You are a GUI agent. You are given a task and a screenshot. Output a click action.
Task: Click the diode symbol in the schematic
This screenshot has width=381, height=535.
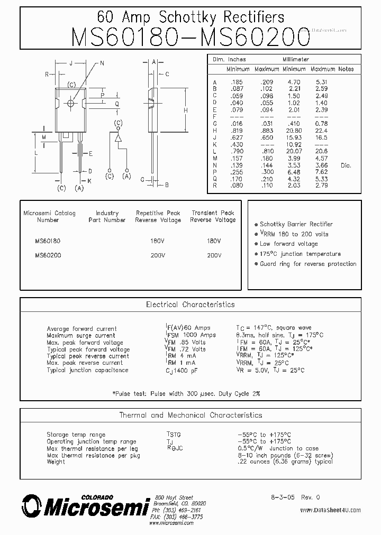pyautogui.click(x=118, y=139)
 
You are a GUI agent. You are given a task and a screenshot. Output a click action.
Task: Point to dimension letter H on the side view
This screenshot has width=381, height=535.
pyautogui.click(x=186, y=110)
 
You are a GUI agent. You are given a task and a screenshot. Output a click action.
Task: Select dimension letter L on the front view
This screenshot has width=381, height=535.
pyautogui.click(x=35, y=152)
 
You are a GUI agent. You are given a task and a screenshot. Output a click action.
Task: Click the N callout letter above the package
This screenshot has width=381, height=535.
pyautogui.click(x=102, y=63)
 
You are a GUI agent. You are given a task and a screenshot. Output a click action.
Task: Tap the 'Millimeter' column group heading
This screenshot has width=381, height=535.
pyautogui.click(x=295, y=60)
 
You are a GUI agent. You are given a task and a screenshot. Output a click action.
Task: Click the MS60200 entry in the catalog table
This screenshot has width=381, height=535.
pyautogui.click(x=48, y=255)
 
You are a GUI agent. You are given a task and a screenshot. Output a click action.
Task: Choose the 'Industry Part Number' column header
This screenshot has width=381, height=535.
pyautogui.click(x=107, y=216)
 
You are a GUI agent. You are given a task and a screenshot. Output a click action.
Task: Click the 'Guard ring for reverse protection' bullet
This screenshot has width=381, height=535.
pyautogui.click(x=307, y=264)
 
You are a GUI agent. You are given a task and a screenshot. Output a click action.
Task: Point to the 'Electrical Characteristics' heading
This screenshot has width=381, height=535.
pyautogui.click(x=190, y=305)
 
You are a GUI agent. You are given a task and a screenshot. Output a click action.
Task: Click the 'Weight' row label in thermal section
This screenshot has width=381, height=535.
pyautogui.click(x=56, y=462)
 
